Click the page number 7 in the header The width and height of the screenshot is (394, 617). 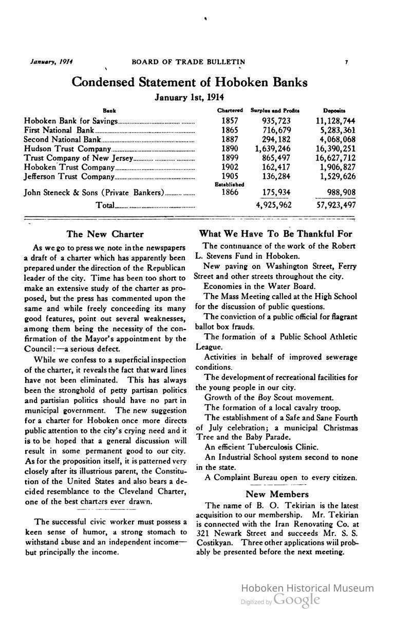[346, 62]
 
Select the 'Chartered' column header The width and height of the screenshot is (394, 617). [230, 111]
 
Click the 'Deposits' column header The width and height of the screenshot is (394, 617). [334, 111]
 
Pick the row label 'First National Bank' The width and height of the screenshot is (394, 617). [59, 130]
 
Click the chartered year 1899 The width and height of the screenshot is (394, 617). [230, 158]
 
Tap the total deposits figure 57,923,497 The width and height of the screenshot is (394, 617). [335, 205]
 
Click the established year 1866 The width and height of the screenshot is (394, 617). [230, 193]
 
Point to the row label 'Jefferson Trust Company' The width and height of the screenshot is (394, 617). [68, 176]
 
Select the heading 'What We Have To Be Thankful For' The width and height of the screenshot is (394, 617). [276, 234]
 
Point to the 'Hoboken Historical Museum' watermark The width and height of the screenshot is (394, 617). [307, 588]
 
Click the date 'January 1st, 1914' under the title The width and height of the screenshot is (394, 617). [190, 97]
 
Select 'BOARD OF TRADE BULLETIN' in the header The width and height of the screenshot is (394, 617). [188, 62]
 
